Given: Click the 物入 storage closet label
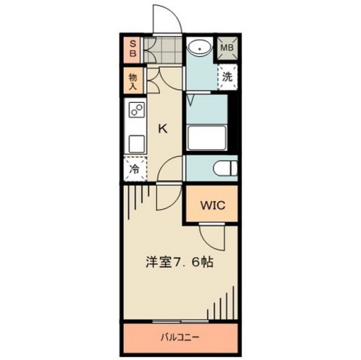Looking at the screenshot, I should click(133, 81).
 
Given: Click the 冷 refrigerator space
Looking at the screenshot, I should click(135, 168).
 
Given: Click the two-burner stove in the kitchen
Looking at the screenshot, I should click(136, 111).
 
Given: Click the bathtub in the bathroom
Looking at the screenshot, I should click(207, 137).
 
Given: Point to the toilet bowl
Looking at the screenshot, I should click(225, 168).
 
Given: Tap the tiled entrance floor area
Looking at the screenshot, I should click(163, 49).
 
